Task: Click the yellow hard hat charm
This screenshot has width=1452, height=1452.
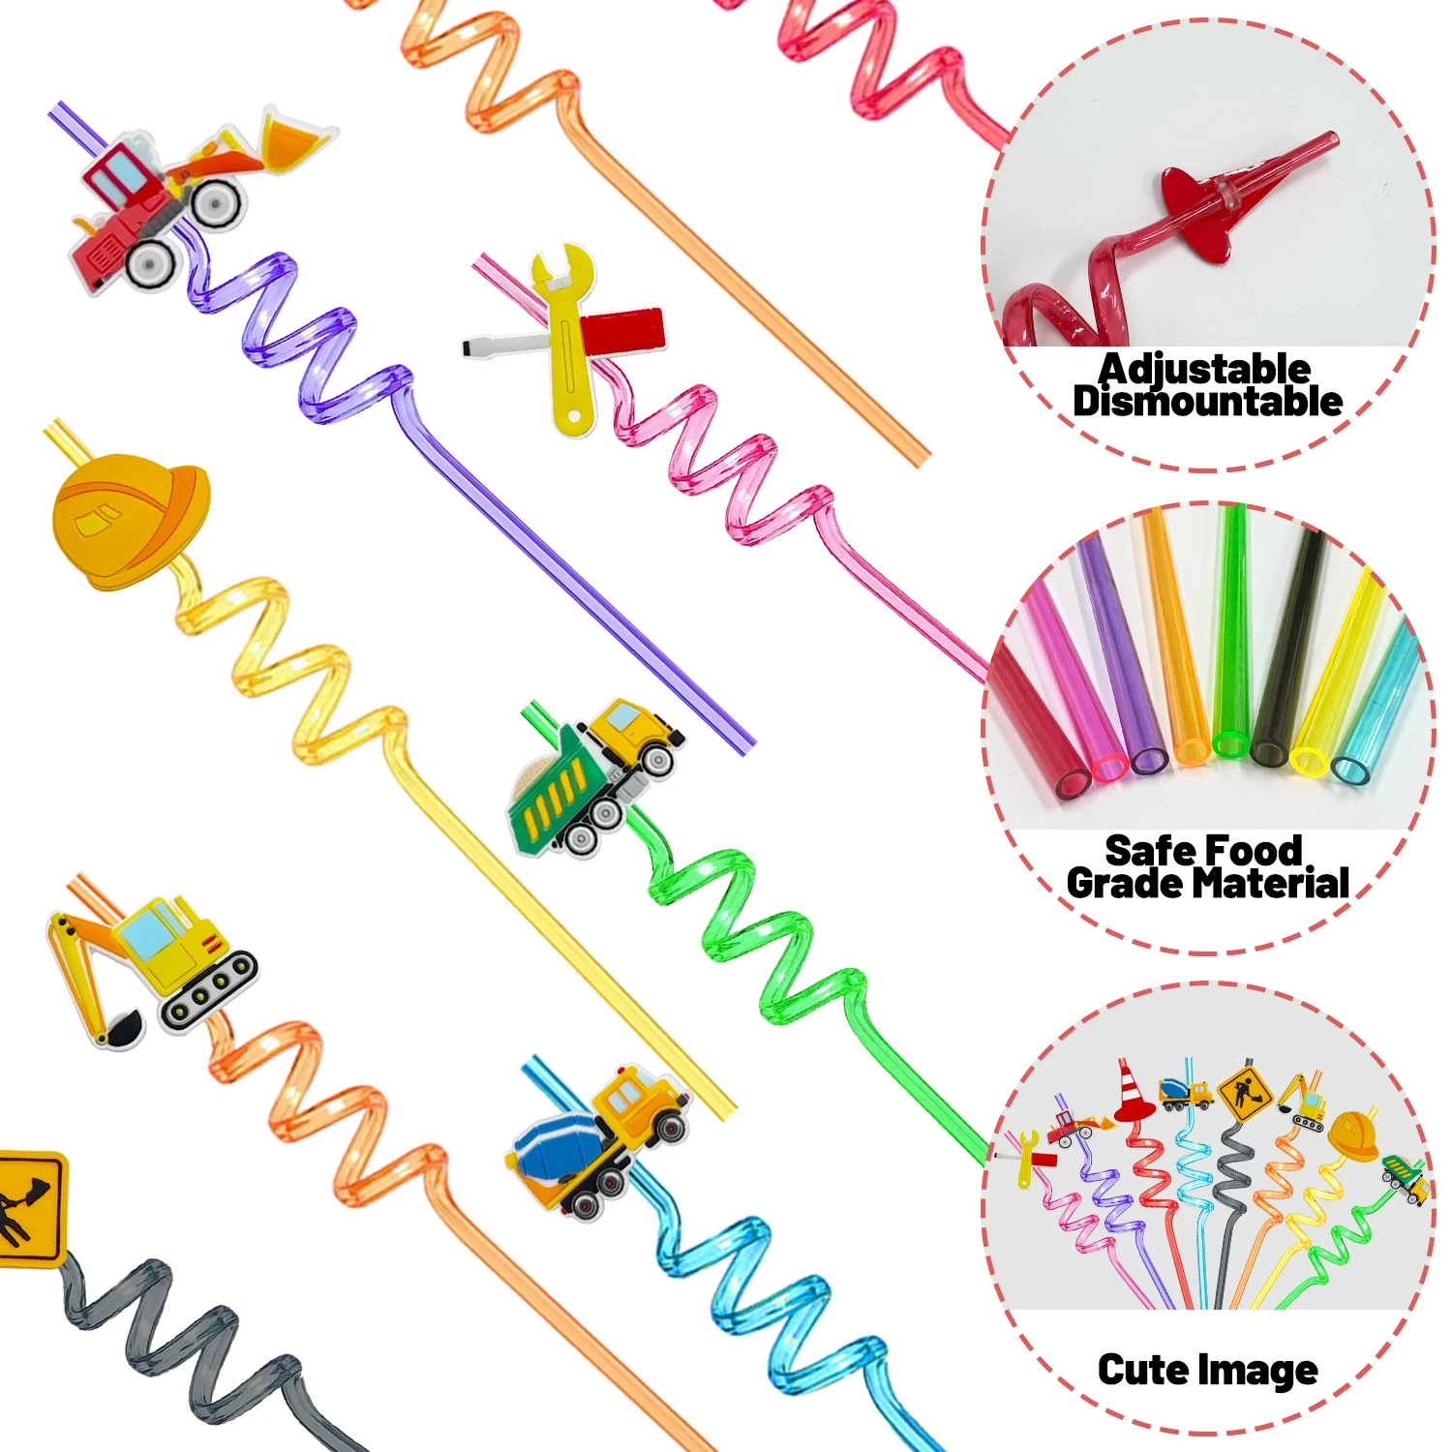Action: coord(129,523)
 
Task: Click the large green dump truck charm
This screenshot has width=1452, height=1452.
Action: coord(590,774)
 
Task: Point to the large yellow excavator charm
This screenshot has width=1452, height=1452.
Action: coord(155,968)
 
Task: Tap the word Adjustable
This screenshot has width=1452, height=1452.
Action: coord(1204,369)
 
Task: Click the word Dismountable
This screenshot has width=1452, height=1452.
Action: coord(1207,402)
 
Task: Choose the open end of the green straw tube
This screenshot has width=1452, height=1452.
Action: coord(1231,744)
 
